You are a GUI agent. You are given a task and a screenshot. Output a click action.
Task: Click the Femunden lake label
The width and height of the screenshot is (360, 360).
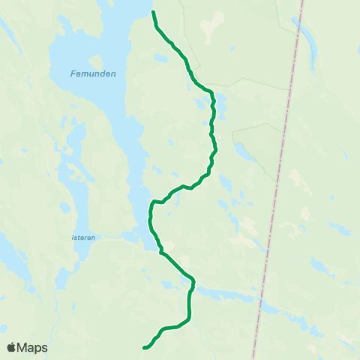[x=88, y=73]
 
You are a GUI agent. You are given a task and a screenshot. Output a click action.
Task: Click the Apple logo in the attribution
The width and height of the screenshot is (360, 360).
[x=11, y=347]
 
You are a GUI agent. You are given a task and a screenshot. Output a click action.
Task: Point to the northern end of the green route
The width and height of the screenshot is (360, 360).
[x=153, y=12]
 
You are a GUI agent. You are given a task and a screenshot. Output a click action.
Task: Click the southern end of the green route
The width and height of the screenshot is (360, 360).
[x=143, y=347]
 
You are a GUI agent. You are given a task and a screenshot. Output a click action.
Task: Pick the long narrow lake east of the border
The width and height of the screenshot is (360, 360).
[x=308, y=41]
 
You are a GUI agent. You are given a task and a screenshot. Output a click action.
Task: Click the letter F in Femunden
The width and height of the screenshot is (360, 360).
[x=73, y=73]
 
